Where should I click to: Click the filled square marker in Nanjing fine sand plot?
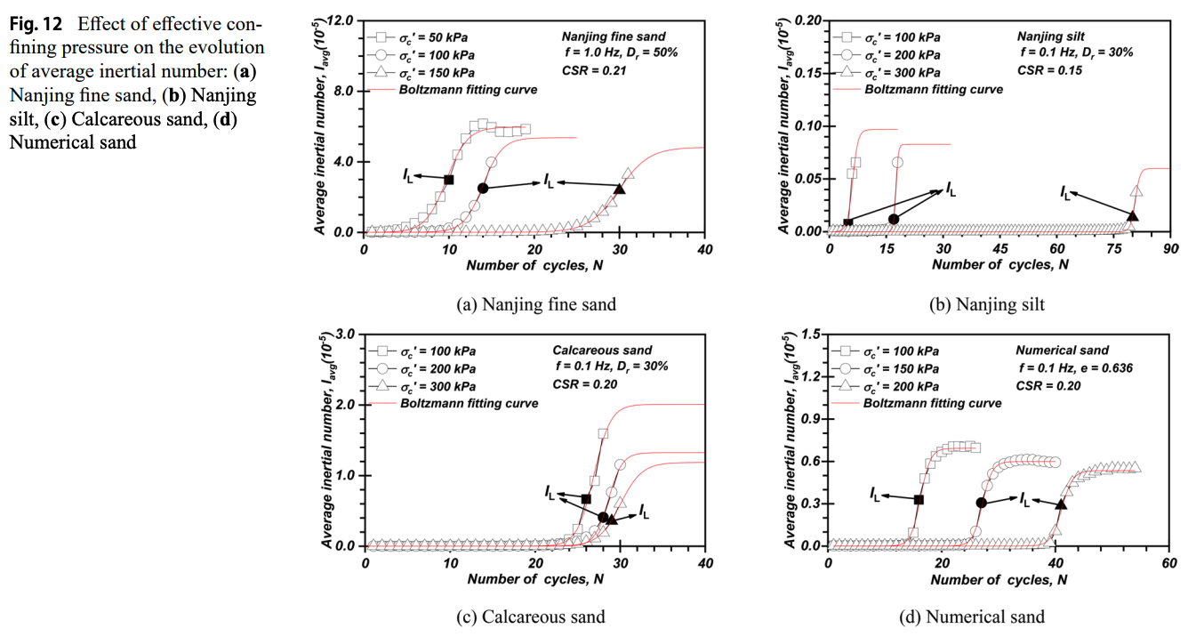pos(448,180)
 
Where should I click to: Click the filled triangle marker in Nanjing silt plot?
pos(1132,215)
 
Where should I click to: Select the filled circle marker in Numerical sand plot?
pos(981,503)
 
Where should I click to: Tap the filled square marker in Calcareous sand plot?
pos(585,499)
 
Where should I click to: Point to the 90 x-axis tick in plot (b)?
pos(1170,250)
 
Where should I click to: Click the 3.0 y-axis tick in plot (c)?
pos(343,334)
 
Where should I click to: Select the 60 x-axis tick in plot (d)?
pos(1170,563)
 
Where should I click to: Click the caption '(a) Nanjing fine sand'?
pos(535,304)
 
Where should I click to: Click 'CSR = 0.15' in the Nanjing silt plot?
pos(1049,70)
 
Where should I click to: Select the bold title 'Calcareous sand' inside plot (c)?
pos(602,351)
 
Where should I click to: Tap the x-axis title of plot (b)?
pos(1000,265)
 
